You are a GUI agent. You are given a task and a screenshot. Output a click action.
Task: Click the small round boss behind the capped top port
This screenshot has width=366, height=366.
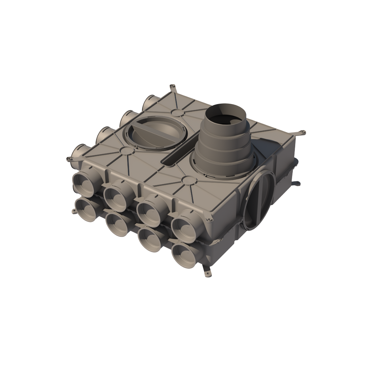click(177, 112)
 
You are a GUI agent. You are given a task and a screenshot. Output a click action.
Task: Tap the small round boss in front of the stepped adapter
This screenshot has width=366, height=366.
click(187, 179)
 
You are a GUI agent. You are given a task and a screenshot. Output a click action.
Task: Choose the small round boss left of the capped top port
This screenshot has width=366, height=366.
click(125, 150)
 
